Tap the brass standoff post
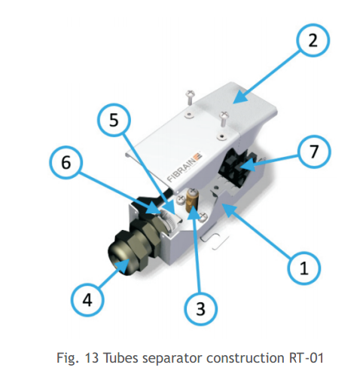click(191, 201)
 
